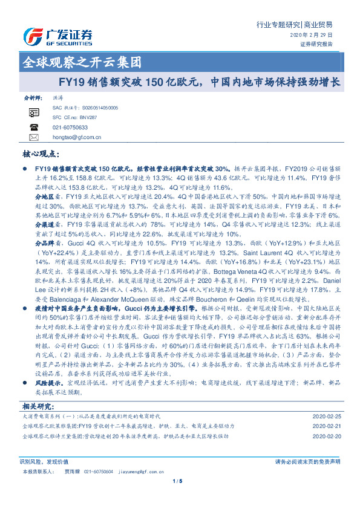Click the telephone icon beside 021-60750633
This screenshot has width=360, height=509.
(x=34, y=128)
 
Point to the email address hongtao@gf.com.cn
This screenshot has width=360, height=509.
(x=77, y=137)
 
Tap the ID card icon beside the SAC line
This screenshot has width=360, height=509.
(x=34, y=112)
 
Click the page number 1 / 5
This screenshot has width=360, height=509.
(x=177, y=481)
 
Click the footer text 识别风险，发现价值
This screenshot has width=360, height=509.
(x=44, y=461)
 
